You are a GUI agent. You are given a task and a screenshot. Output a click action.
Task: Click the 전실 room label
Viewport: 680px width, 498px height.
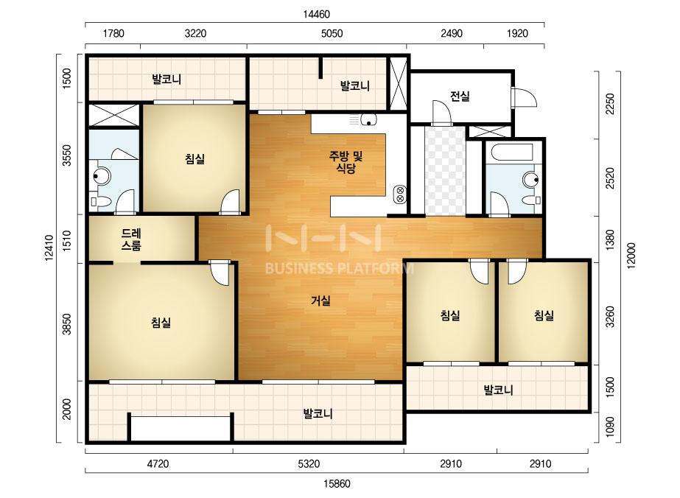point(460,96)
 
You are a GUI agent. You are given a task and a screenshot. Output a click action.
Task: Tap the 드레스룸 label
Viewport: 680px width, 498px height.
point(130,239)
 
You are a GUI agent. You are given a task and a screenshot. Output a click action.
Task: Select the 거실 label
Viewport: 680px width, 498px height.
point(321,300)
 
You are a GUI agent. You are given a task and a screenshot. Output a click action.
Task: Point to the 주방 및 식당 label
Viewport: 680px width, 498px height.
point(346,162)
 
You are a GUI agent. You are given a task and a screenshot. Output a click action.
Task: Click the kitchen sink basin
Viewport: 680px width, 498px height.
point(368,119)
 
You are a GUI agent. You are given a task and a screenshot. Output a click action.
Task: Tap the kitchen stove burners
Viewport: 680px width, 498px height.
point(400,194)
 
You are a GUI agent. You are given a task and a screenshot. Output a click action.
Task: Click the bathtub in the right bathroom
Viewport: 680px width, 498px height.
point(510,152)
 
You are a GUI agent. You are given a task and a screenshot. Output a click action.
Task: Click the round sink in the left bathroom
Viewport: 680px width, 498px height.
point(101,175)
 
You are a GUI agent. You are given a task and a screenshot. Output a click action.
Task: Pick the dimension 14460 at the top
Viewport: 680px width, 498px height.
point(316,14)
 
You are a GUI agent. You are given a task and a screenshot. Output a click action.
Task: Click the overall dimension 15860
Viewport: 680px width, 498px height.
point(337,483)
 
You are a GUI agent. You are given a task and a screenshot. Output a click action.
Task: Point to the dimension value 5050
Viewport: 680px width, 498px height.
point(332,33)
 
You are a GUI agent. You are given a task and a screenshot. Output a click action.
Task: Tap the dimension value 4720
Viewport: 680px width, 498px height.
point(158,463)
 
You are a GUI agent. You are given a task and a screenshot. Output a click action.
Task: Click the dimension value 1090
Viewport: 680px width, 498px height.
point(609,427)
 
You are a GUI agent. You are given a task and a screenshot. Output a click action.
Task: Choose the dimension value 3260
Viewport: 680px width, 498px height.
point(609,317)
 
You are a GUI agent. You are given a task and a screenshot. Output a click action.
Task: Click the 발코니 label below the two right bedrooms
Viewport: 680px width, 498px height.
point(498,390)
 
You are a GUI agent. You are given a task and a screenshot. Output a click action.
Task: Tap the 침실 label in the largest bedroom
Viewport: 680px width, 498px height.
point(161,323)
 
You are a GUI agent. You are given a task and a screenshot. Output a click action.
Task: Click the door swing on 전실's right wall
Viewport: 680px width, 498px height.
point(525,97)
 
